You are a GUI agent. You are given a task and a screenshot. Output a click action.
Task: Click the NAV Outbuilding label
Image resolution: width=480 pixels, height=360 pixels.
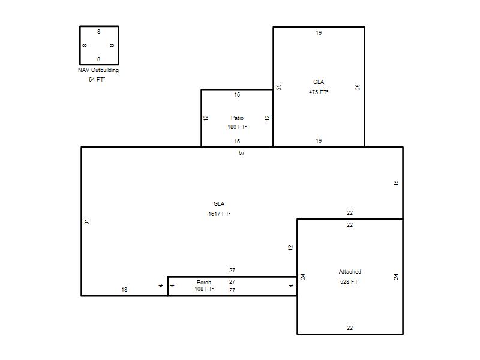(98, 70)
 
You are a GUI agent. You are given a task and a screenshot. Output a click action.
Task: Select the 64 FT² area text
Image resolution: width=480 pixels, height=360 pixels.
(97, 80)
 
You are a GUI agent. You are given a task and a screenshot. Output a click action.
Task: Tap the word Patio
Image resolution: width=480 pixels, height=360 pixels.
(237, 118)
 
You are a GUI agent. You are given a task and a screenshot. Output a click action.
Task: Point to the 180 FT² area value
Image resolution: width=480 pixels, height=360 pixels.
(237, 127)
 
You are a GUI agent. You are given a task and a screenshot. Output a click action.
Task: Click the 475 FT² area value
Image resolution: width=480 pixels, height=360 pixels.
(319, 92)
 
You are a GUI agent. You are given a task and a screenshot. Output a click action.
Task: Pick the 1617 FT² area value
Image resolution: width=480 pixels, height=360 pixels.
(220, 214)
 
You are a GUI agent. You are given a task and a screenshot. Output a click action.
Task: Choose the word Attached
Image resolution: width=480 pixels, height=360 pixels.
(350, 272)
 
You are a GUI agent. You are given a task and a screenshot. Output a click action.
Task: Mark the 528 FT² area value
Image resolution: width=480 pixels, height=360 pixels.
(350, 281)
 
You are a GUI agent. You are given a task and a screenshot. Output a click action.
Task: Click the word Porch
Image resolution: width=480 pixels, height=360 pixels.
(204, 282)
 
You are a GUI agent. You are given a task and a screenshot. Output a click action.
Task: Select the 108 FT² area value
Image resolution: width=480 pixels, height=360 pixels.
(204, 289)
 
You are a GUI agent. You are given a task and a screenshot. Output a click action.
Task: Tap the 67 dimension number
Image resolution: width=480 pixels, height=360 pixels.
(242, 153)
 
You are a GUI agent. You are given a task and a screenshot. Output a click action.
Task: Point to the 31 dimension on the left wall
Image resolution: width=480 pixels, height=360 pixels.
(87, 221)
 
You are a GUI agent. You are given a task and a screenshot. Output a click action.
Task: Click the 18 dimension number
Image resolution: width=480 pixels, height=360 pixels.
(124, 290)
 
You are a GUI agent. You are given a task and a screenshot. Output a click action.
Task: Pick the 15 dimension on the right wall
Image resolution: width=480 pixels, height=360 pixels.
(396, 183)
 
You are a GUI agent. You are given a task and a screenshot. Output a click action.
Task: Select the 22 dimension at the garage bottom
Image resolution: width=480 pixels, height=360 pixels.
(350, 328)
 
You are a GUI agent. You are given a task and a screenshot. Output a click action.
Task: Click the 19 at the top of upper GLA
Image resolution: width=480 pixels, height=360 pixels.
(319, 33)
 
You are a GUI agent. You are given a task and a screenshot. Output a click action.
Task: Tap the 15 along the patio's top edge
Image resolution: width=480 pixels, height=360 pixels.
(237, 95)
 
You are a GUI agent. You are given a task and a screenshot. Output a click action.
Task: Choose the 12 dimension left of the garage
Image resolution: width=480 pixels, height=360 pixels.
(290, 248)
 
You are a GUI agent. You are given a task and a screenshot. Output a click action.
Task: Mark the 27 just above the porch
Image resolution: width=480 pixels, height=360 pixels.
(232, 271)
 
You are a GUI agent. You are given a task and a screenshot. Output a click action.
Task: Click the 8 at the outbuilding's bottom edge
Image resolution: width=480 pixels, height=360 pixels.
(98, 59)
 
